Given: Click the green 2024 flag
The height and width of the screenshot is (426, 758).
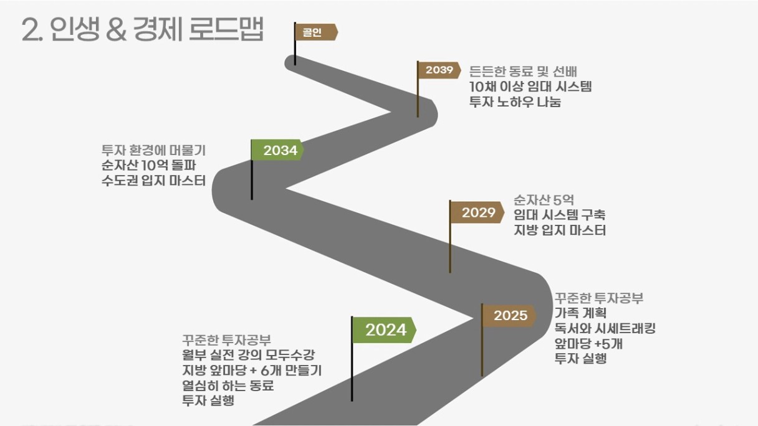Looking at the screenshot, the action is point(385,330).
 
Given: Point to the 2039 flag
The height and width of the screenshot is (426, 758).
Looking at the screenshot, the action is point(439,70).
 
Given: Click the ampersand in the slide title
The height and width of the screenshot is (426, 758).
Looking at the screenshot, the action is point(117,29).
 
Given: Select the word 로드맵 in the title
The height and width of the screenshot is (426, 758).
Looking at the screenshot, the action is point(226,29).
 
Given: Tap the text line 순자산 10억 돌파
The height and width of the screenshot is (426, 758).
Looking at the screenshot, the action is point(148,165).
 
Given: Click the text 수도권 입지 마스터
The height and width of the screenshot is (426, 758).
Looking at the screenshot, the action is point(153,181).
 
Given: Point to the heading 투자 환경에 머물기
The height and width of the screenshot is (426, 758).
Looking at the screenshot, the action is point(153,149).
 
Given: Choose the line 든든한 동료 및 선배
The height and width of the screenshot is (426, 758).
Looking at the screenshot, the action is point(523,72).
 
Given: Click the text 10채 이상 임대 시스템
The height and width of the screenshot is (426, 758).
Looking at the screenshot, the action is point(530,87).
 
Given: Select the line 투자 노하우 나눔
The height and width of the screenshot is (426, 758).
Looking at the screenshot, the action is point(515,102).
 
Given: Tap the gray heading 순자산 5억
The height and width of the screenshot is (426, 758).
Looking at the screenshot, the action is point(544,200).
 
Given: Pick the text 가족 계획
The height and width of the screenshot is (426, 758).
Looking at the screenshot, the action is point(580,313).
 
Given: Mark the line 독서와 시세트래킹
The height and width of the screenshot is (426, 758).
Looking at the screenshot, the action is point(605,328).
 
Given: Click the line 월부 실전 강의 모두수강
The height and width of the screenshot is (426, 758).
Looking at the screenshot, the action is point(248,354).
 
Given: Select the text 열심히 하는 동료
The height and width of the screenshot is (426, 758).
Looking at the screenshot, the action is point(228,386).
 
